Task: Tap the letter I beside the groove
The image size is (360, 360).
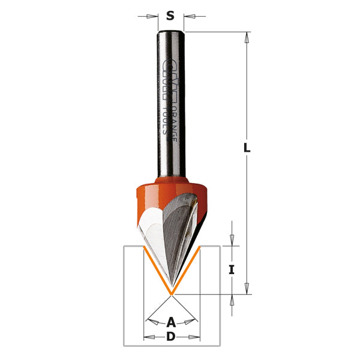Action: pyautogui.click(x=232, y=270)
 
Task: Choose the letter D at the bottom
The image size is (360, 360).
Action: pyautogui.click(x=170, y=337)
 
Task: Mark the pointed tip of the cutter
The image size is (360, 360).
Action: pyautogui.click(x=172, y=293)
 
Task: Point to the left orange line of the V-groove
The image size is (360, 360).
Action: pyautogui.click(x=157, y=270)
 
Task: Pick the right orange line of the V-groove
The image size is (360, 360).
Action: pyautogui.click(x=186, y=270)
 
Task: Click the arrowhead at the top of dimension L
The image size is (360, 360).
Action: pyautogui.click(x=247, y=37)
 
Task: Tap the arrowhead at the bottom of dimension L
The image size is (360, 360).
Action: pyautogui.click(x=247, y=289)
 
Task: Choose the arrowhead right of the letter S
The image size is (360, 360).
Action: pyautogui.click(x=188, y=17)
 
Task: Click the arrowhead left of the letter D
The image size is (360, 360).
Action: pyautogui.click(x=149, y=337)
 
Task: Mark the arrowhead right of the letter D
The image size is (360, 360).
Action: pyautogui.click(x=194, y=337)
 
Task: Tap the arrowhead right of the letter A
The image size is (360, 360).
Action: pyautogui.click(x=191, y=322)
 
